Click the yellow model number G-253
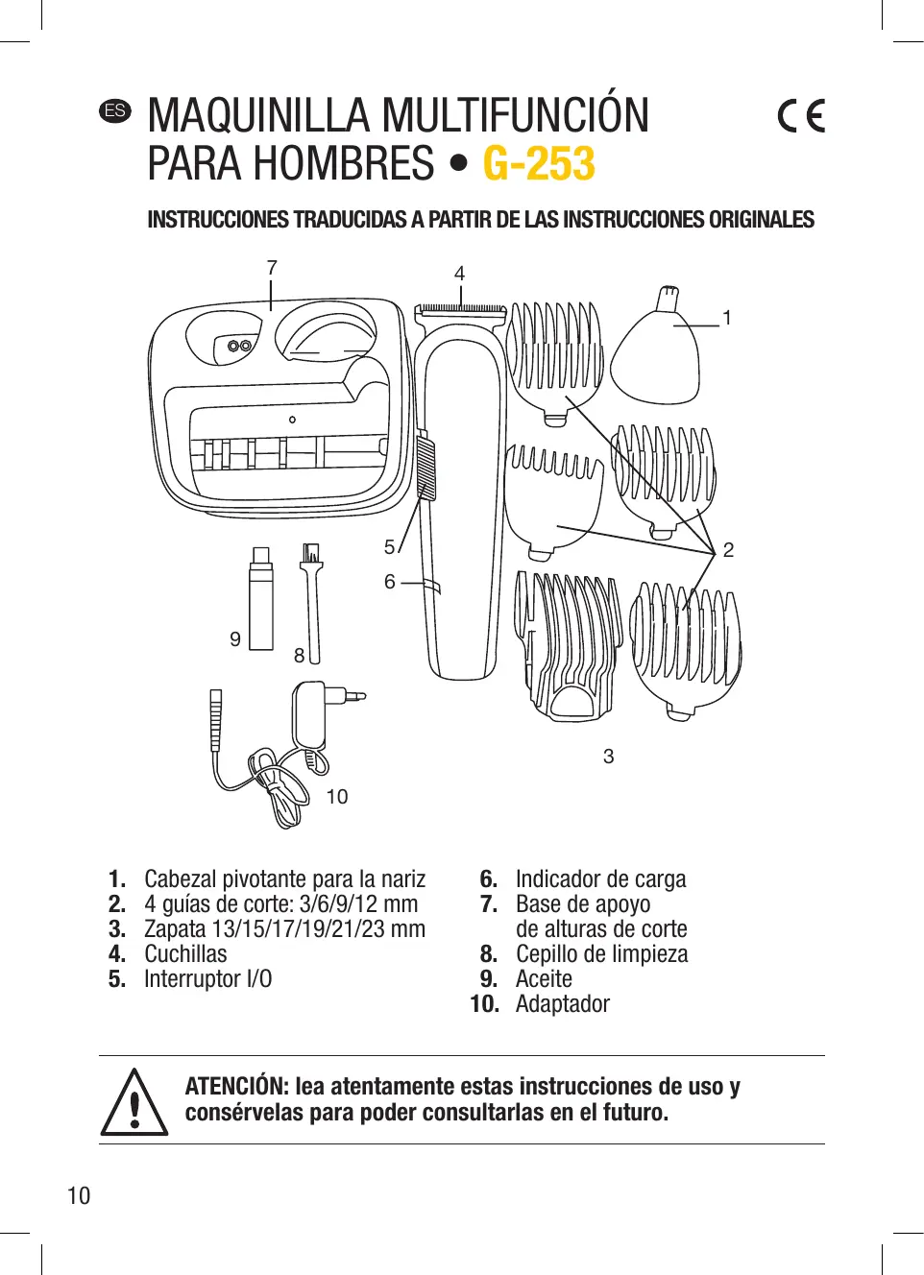pyautogui.click(x=539, y=163)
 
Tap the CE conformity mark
pyautogui.click(x=801, y=116)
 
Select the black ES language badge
pyautogui.click(x=115, y=110)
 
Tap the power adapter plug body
pyautogui.click(x=311, y=715)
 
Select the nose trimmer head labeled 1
pyautogui.click(x=657, y=350)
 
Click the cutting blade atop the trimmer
pyautogui.click(x=460, y=309)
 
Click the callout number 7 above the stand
pyautogui.click(x=272, y=268)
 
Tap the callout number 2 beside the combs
pyautogui.click(x=728, y=550)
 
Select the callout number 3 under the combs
pyautogui.click(x=608, y=757)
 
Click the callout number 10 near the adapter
pyautogui.click(x=336, y=797)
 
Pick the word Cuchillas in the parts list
pyautogui.click(x=185, y=954)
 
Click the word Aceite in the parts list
pyautogui.click(x=544, y=979)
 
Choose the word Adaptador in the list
pyautogui.click(x=562, y=1004)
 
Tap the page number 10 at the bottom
pyautogui.click(x=79, y=1196)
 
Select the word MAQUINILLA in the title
pyautogui.click(x=259, y=116)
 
